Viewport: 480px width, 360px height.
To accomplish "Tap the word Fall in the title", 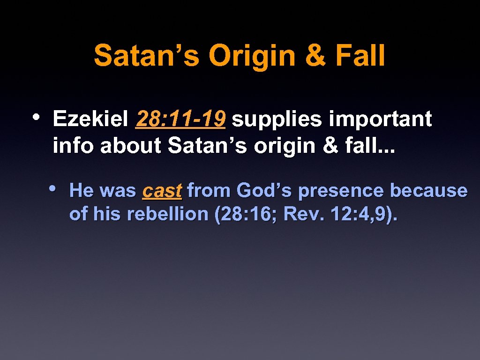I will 360,56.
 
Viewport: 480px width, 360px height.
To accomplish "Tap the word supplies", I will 277,120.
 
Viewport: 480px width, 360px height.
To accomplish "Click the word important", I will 380,120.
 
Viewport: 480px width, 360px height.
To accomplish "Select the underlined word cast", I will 162,191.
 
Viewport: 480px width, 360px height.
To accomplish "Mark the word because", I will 429,191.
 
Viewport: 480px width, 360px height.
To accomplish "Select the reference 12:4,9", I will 360,214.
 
